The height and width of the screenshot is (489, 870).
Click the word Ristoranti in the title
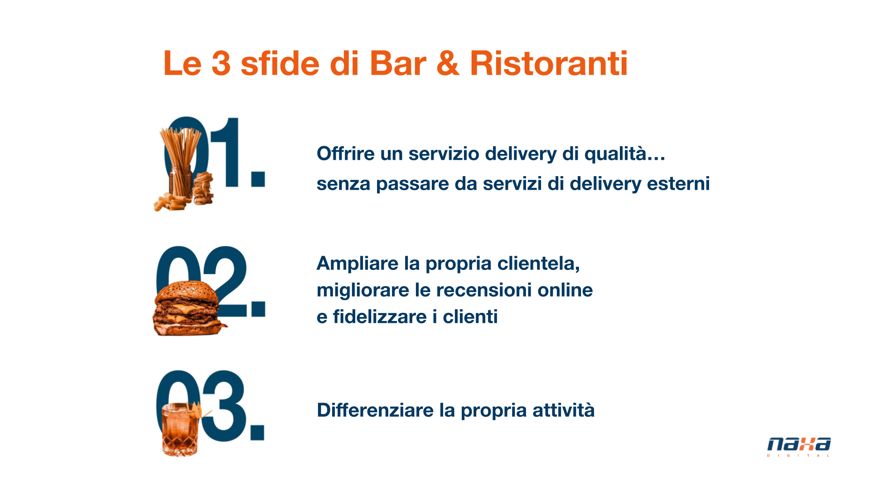tap(549, 63)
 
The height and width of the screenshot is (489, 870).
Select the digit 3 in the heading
tap(221, 63)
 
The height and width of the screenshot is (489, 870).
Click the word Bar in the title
tap(398, 63)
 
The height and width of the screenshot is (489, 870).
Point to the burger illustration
tap(188, 308)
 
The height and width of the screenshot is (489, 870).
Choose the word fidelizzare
tap(380, 316)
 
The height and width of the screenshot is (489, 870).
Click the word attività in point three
tap(564, 410)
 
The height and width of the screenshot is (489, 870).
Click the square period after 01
tap(258, 178)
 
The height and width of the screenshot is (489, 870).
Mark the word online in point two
tap(565, 290)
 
